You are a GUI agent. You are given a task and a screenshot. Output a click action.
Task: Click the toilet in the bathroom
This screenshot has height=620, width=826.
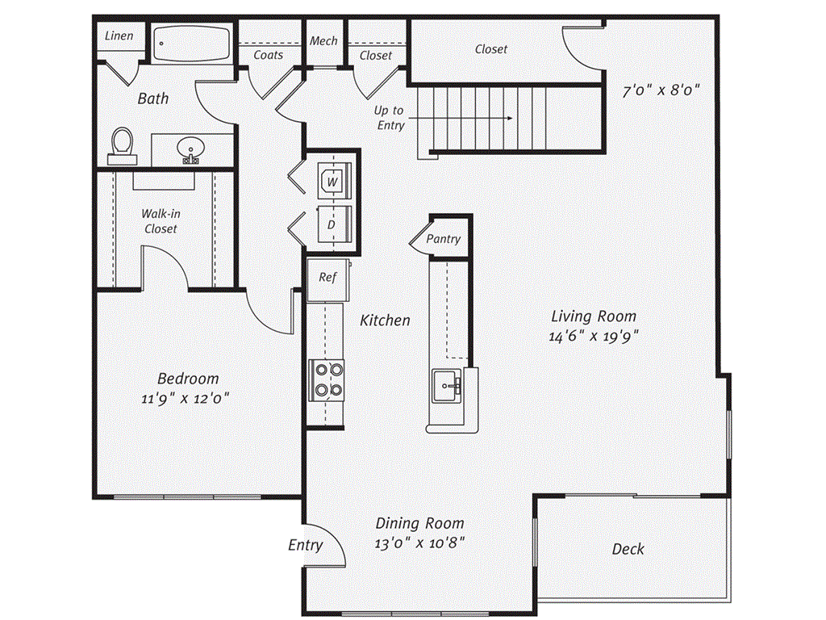(123, 144)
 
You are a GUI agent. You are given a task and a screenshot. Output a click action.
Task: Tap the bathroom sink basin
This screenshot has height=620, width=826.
(191, 149)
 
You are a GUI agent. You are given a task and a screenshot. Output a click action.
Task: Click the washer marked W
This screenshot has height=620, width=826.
(332, 182)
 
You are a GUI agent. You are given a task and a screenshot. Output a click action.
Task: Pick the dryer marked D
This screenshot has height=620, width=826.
(332, 224)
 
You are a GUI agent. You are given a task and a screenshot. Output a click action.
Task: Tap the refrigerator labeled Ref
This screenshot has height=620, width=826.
(327, 278)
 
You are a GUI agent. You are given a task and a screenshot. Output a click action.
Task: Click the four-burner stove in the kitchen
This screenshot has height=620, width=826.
(326, 379)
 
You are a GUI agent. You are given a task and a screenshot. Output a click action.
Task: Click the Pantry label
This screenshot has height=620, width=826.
(444, 239)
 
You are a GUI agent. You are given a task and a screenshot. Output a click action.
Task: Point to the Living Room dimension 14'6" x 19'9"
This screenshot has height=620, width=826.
(593, 337)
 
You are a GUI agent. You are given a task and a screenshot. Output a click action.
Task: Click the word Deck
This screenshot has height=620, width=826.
(628, 549)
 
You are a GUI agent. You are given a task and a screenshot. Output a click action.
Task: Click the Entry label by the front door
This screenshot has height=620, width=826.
(306, 546)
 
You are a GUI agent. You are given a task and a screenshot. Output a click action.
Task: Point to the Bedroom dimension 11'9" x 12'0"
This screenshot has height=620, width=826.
(187, 398)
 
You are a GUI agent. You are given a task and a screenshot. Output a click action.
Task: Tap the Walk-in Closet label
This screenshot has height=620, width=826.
(161, 221)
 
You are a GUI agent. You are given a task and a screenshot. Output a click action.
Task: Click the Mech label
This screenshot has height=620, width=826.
(323, 41)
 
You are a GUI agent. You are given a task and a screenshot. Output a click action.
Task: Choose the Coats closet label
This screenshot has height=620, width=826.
(269, 55)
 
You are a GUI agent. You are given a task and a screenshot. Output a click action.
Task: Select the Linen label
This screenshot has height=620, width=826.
(119, 36)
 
